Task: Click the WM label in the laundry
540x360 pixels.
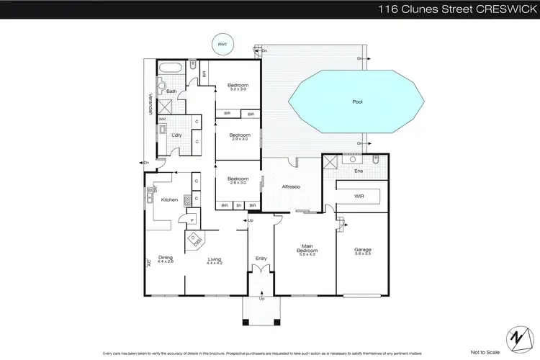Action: (x=162, y=119)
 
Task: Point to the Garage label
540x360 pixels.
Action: (x=362, y=250)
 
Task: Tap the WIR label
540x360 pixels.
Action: (x=358, y=195)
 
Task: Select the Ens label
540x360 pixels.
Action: (x=359, y=171)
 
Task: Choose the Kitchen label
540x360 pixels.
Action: (x=169, y=199)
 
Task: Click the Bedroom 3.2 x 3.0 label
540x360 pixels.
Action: (x=238, y=86)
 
